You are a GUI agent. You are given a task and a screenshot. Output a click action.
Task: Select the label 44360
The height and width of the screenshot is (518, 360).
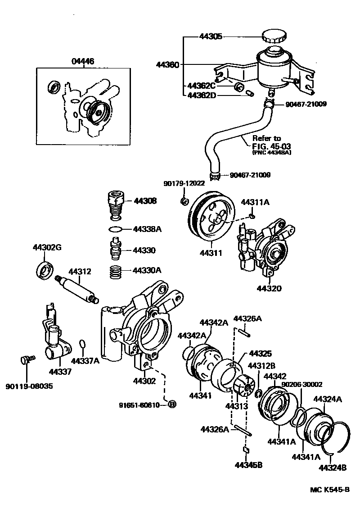[167, 64]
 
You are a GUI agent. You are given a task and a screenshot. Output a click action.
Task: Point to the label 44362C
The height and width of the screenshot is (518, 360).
[201, 86]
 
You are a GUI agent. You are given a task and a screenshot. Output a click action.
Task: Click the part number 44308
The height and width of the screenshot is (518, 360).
[144, 201]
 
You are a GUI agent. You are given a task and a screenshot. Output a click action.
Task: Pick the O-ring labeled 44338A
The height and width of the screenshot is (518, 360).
[116, 229]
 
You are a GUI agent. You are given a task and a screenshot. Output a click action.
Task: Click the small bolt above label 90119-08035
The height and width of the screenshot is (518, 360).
[27, 359]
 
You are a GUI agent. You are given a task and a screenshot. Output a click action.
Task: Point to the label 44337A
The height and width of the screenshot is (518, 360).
[85, 360]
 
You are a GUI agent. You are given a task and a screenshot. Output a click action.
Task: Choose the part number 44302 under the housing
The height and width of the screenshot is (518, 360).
[144, 381]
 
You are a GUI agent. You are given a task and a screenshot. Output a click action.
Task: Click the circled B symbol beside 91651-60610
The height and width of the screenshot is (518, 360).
[172, 404]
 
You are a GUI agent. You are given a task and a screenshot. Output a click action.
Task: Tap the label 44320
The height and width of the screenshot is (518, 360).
[269, 288]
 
